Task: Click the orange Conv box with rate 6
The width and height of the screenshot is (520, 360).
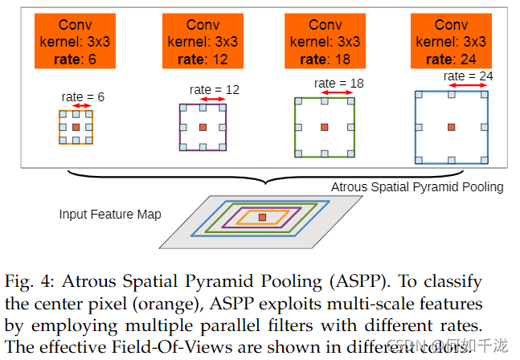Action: pos(76,40)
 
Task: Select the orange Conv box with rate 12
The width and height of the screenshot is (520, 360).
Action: pos(202,40)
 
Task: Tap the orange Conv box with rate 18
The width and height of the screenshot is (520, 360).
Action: pos(325,40)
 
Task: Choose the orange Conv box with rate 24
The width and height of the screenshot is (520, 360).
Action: pos(451,40)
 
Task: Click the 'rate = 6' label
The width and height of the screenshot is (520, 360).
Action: pos(83,96)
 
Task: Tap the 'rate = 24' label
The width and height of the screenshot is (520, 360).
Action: pos(468,76)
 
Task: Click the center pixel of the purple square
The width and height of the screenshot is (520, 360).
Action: pos(202,127)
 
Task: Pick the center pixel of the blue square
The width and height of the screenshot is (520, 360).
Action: pos(451,126)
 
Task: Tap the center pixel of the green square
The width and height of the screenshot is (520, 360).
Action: pos(324,126)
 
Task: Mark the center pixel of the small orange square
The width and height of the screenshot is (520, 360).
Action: pos(76,127)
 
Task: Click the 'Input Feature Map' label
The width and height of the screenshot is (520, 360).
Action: pos(109,215)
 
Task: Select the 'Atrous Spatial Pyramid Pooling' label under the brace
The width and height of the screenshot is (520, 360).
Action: pos(417,186)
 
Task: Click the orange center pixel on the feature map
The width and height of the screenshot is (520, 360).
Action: pos(262,217)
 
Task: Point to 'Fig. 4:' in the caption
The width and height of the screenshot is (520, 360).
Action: pos(31,283)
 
